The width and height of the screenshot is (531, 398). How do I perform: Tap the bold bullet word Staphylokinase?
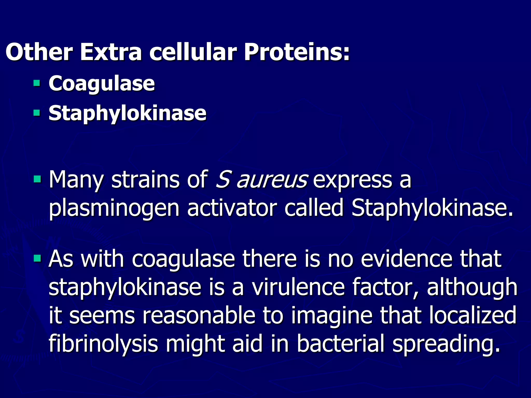pyautogui.click(x=127, y=113)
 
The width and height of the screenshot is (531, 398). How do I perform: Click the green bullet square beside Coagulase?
pyautogui.click(x=37, y=83)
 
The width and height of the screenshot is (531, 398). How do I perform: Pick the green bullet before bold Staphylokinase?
pyautogui.click(x=37, y=113)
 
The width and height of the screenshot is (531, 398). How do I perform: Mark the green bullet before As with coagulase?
pyautogui.click(x=37, y=258)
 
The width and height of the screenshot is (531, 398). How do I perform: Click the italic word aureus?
pyautogui.click(x=272, y=180)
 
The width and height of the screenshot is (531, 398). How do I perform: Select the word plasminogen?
pyautogui.click(x=114, y=209)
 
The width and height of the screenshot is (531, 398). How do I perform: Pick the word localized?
pyautogui.click(x=473, y=315)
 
